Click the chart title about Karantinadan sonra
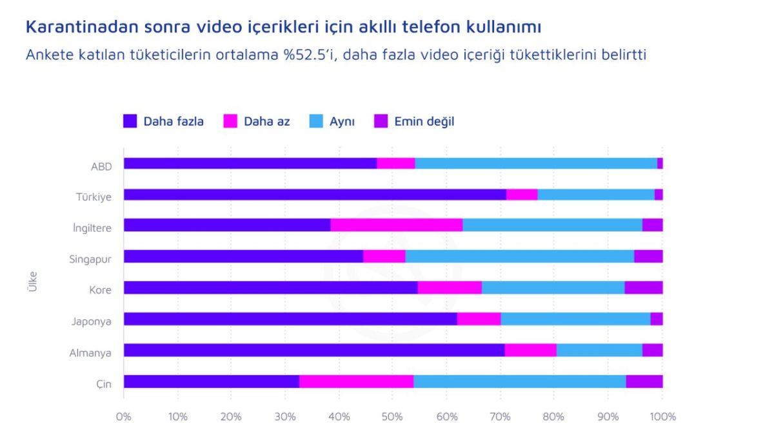point(283,27)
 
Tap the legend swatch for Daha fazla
point(130,121)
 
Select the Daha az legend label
point(266,121)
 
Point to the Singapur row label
point(91,259)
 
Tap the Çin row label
point(104,384)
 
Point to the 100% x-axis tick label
point(662,416)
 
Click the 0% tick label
point(124,416)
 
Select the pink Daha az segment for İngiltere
point(397,225)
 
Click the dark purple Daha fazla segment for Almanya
point(314,350)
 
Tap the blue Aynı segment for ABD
point(535,163)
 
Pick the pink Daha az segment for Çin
point(356,382)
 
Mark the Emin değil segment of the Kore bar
point(643,287)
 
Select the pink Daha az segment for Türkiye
point(522,195)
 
